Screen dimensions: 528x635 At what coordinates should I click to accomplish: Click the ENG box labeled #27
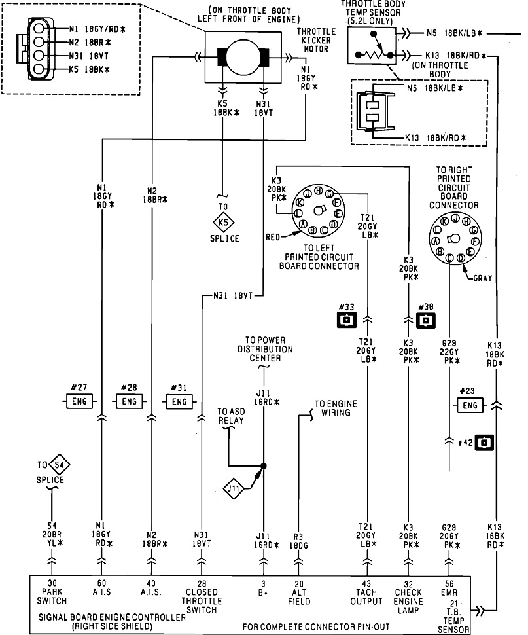tap(79, 401)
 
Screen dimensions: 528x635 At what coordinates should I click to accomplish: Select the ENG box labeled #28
tap(129, 401)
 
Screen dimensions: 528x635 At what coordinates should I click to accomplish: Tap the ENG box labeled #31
tap(179, 402)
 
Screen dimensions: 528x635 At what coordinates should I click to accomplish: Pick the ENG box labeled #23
tap(470, 405)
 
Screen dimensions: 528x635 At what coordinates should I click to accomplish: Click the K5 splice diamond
tap(223, 222)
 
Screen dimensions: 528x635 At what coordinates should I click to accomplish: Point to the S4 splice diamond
tap(59, 465)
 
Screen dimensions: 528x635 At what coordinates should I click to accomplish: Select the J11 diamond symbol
tap(233, 488)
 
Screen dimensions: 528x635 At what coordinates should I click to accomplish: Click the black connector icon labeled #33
tap(347, 320)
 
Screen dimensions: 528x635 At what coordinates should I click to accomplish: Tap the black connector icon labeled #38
tap(425, 320)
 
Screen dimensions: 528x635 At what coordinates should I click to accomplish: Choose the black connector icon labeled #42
tap(485, 443)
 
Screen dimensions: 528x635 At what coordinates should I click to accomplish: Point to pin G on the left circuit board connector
tap(329, 194)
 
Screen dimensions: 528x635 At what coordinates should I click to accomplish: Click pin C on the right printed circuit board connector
tap(449, 258)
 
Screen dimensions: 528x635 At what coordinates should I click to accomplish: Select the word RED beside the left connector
tap(273, 237)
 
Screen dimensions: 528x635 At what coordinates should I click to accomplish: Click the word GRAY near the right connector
tap(483, 278)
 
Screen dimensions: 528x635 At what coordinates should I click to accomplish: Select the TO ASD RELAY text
tap(231, 416)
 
